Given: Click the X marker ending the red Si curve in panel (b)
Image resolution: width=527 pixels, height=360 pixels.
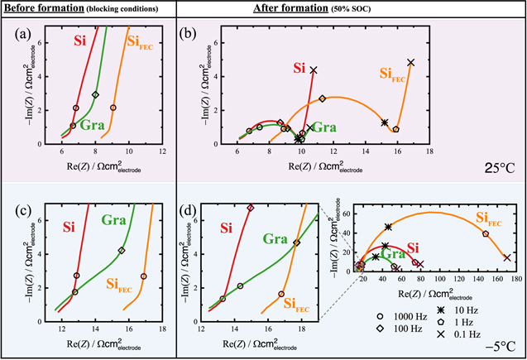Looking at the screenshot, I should [x=314, y=70].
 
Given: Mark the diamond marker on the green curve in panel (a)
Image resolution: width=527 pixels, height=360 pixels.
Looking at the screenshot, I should [x=96, y=95].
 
